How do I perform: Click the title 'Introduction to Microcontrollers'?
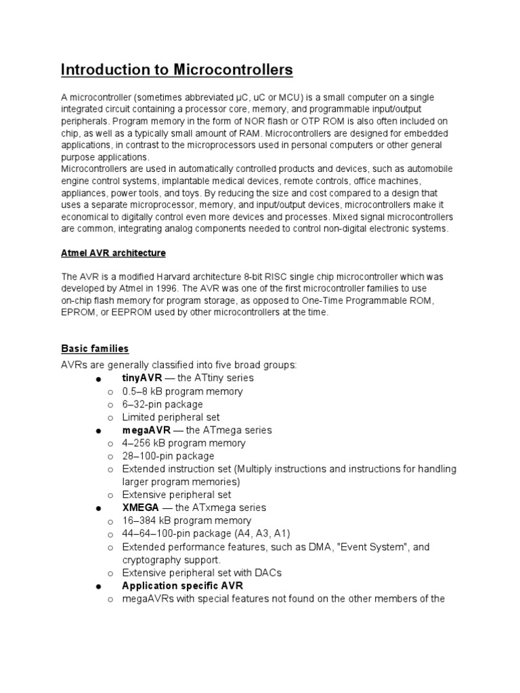click(177, 70)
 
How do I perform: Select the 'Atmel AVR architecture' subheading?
click(113, 253)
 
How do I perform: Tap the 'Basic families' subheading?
click(95, 349)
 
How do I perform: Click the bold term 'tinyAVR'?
click(142, 378)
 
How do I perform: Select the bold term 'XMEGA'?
click(140, 508)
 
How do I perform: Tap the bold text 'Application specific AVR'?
click(182, 585)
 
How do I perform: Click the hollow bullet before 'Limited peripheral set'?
click(110, 418)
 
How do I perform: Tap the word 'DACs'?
click(267, 573)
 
